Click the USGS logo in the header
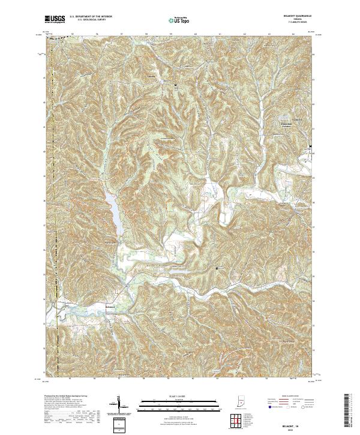point(54,20)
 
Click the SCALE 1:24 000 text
point(179,395)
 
